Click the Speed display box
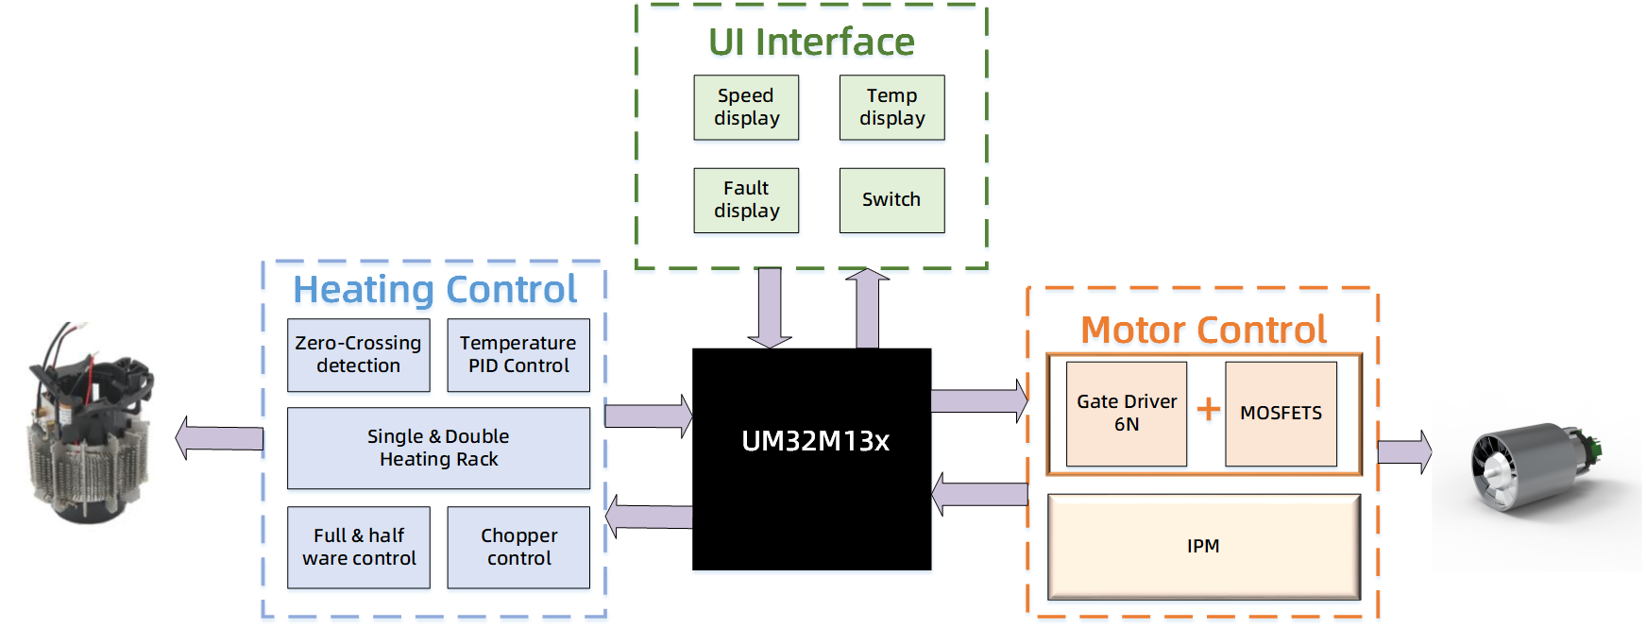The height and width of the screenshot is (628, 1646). click(x=746, y=108)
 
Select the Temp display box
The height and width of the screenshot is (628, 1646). click(x=891, y=108)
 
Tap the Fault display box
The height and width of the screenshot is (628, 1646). click(x=746, y=200)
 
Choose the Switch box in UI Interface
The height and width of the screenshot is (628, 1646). click(x=891, y=200)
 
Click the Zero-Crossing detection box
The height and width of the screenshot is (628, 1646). click(x=358, y=355)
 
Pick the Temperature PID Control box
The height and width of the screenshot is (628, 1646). click(x=518, y=355)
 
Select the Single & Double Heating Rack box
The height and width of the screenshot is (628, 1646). click(x=438, y=449)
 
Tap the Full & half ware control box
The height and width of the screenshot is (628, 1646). click(x=358, y=548)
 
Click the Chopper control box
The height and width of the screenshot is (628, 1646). click(x=518, y=548)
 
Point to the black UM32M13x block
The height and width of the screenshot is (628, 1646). click(x=812, y=460)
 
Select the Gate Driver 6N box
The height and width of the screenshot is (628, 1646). click(x=1126, y=414)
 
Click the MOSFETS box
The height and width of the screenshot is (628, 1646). click(x=1281, y=414)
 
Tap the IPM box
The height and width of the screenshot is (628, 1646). click(x=1203, y=547)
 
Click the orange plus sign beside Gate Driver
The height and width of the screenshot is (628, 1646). click(x=1208, y=409)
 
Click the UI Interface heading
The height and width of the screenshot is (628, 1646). click(x=811, y=42)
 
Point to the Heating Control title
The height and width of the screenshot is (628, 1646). click(x=434, y=290)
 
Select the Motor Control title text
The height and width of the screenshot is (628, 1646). click(x=1203, y=331)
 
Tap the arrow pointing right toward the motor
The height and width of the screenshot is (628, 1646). click(x=1404, y=452)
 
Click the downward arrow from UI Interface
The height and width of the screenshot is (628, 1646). click(x=770, y=307)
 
